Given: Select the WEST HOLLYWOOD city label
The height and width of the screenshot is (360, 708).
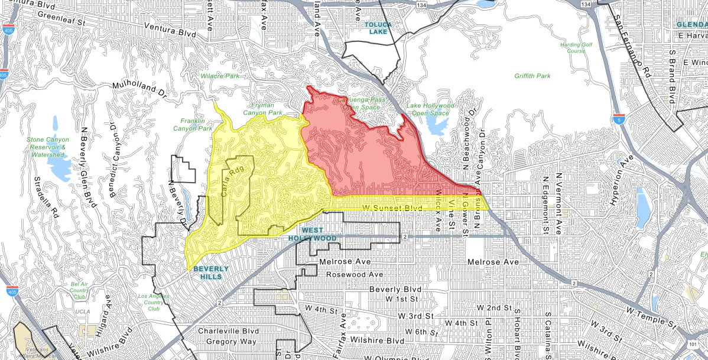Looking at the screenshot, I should pyautogui.click(x=319, y=234).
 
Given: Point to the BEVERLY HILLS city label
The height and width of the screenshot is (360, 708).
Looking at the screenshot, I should pyautogui.click(x=210, y=273).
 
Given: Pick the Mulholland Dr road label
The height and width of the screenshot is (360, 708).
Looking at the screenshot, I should pyautogui.click(x=140, y=89).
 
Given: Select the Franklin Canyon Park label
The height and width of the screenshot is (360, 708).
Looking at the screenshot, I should pyautogui.click(x=192, y=124).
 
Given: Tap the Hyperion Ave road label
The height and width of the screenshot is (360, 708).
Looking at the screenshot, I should pyautogui.click(x=625, y=174).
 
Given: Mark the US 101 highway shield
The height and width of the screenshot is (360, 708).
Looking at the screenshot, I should pyautogui.click(x=701, y=342).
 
